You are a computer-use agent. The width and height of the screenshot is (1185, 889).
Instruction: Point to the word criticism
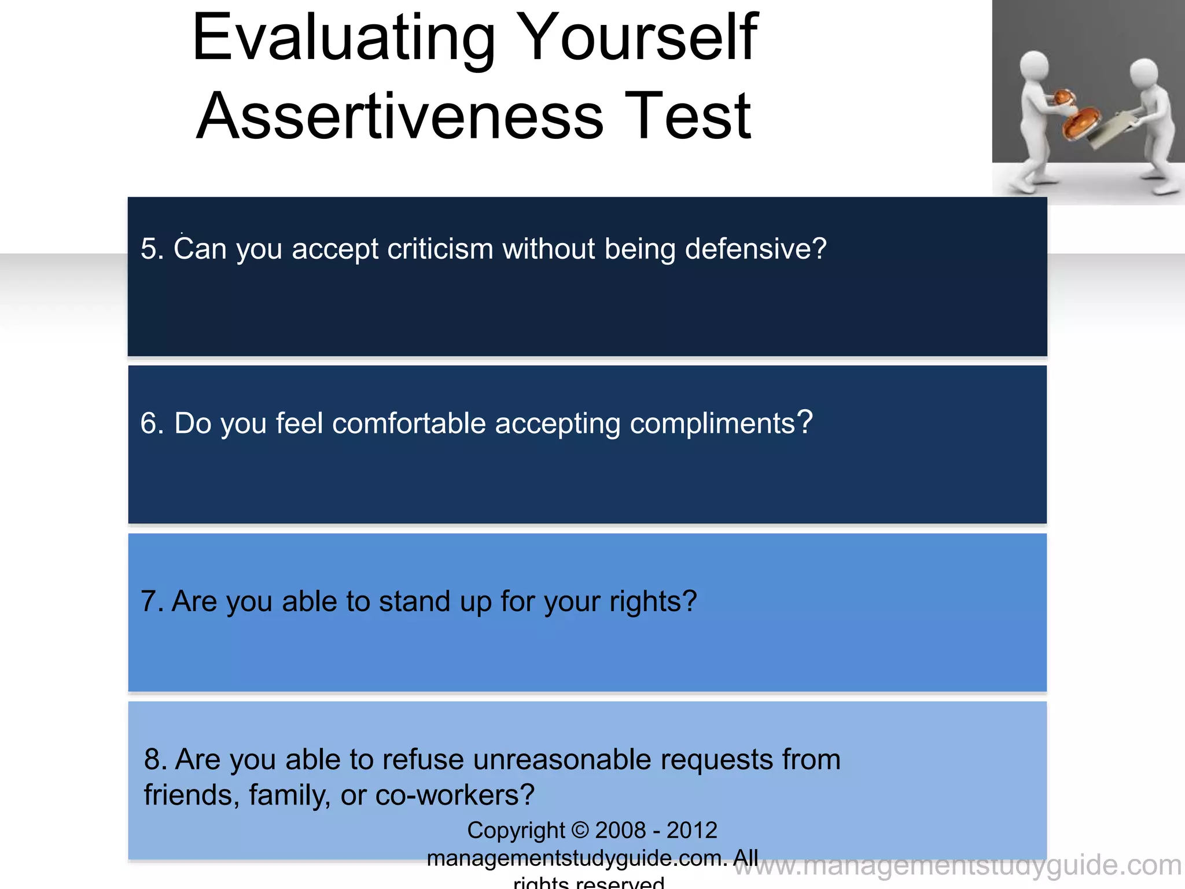(440, 249)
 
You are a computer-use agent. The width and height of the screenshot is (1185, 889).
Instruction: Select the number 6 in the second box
(148, 424)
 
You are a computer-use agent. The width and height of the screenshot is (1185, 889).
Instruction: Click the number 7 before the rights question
(148, 601)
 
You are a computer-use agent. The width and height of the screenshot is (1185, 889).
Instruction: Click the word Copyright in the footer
(516, 831)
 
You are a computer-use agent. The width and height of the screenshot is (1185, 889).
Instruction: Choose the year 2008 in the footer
(619, 831)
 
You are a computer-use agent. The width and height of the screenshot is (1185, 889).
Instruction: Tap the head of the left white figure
(1033, 67)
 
